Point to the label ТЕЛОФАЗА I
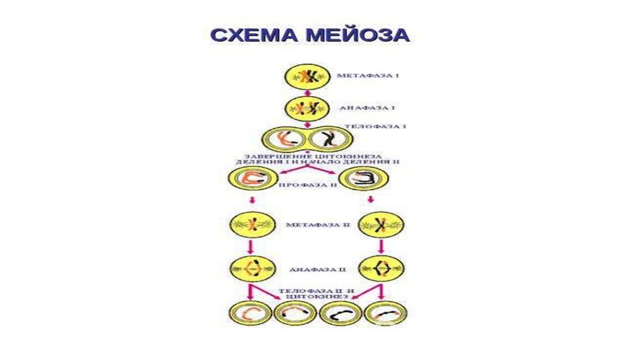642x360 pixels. coord(376,126)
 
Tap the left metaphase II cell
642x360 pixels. coord(251,223)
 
